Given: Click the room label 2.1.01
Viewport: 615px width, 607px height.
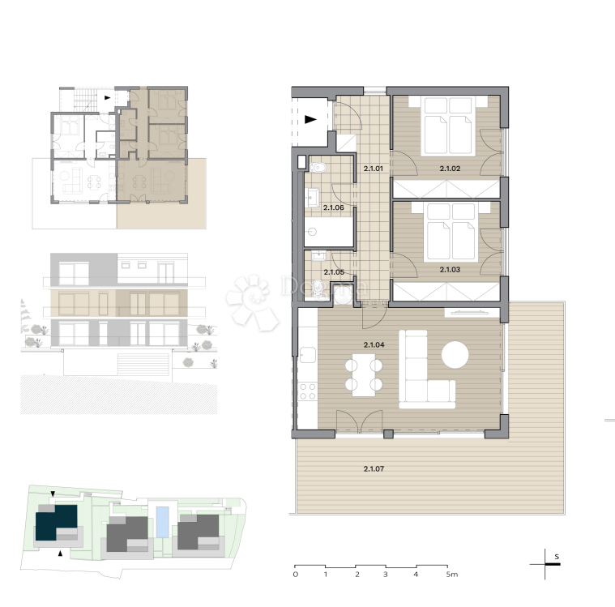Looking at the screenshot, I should coord(373,169).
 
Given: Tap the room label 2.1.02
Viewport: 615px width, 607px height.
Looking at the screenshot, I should coord(450,169).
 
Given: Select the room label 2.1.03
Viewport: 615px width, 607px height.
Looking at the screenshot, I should coord(450,268).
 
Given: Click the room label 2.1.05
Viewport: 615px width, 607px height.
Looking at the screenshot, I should coord(334,272).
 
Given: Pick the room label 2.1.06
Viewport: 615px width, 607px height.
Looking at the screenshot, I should coord(334,207).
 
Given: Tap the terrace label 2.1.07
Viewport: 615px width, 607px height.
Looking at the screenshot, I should coord(373,468).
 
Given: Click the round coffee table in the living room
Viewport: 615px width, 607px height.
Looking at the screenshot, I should coord(455,355).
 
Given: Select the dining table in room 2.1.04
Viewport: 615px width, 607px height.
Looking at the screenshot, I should coord(364,375).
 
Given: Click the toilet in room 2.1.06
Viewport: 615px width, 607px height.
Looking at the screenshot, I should coord(318,169).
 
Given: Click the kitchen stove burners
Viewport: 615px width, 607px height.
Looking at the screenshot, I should coord(308,393).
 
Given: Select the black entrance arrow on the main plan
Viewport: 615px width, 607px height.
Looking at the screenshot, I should coord(310,119).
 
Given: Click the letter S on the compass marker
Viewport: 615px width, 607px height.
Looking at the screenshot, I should coord(557,557).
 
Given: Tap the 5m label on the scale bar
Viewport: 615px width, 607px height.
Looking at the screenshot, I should coord(451,575).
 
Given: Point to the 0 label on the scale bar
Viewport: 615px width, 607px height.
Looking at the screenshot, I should coord(295,575).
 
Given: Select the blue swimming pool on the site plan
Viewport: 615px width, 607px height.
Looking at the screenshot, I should coord(164,522).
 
